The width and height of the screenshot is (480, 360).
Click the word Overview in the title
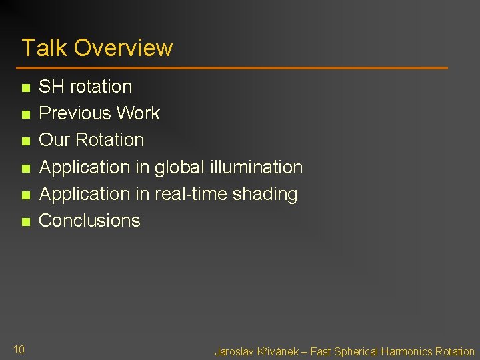tap(123, 48)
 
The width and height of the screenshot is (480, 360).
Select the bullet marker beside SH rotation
tap(25, 88)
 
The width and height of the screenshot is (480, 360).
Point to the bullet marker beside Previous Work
tap(25, 115)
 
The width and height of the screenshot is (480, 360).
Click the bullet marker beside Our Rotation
tap(25, 141)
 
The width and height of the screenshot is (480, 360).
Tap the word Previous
tap(75, 113)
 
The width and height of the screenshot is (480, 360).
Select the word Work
tap(138, 113)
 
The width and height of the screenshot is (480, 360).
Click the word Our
tap(56, 140)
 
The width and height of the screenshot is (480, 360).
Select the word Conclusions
tap(90, 221)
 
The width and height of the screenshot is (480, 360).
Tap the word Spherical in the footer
tap(355, 351)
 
